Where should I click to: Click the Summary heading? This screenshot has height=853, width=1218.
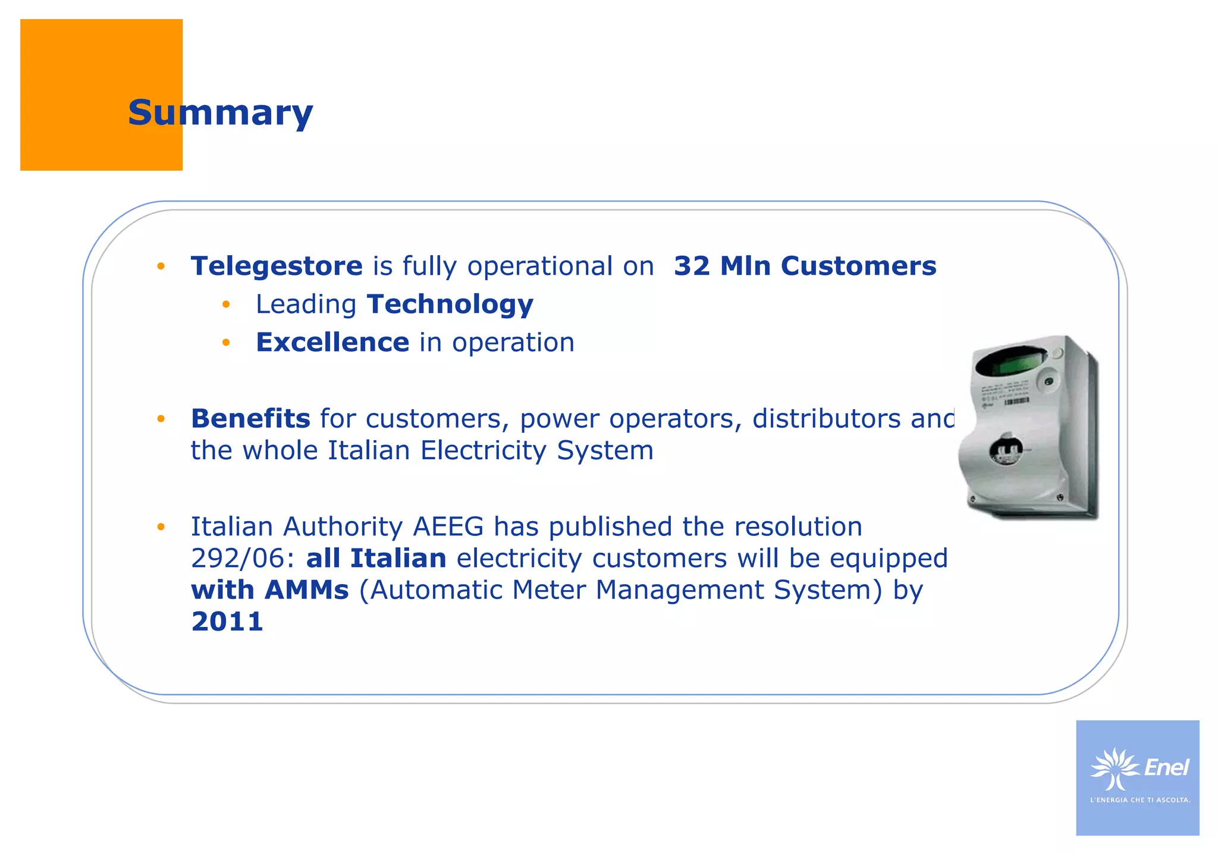point(220,112)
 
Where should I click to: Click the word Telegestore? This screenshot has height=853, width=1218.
point(277,266)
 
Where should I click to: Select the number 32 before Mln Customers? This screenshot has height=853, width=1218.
point(692,266)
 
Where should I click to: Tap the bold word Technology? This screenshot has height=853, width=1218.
point(450,305)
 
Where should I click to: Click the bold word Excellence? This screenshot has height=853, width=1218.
point(332,343)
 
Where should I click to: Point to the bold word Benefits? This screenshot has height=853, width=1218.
point(250,419)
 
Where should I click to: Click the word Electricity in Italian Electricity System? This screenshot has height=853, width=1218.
point(483,450)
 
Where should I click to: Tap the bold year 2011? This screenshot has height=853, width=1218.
point(227,622)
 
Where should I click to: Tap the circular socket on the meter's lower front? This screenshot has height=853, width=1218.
point(1005,450)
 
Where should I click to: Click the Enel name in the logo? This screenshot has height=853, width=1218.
point(1166,767)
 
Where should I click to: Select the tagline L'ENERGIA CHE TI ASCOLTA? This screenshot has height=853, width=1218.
point(1139,800)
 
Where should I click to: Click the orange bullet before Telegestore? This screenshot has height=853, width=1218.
point(161,266)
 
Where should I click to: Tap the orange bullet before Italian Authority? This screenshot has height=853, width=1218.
point(161,527)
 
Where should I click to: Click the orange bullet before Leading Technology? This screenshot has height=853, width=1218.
point(225,305)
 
